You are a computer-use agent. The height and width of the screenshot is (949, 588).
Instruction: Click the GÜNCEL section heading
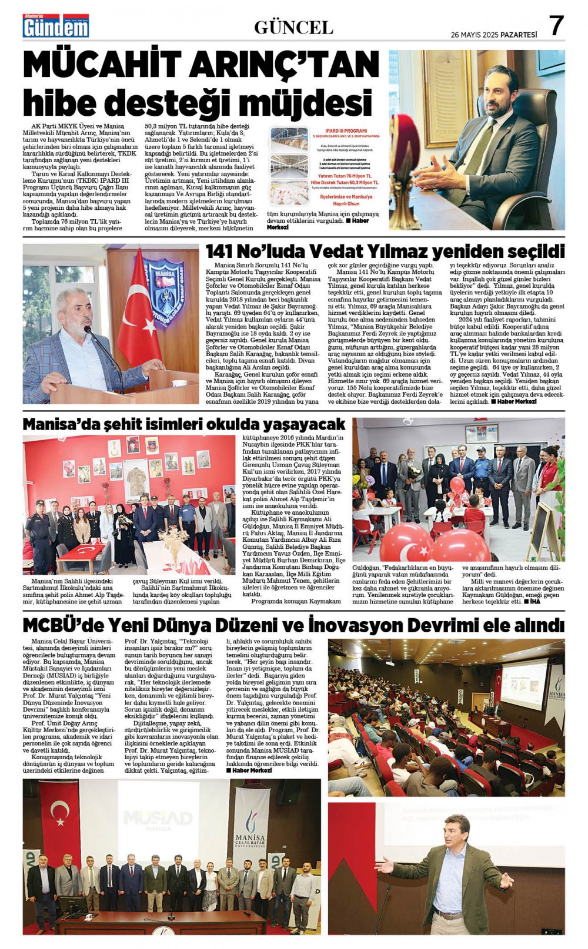click(x=293, y=27)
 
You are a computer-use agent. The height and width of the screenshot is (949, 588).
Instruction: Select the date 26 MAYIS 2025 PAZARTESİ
click(x=494, y=35)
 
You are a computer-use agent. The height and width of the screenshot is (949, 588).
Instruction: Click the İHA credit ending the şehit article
click(x=534, y=602)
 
